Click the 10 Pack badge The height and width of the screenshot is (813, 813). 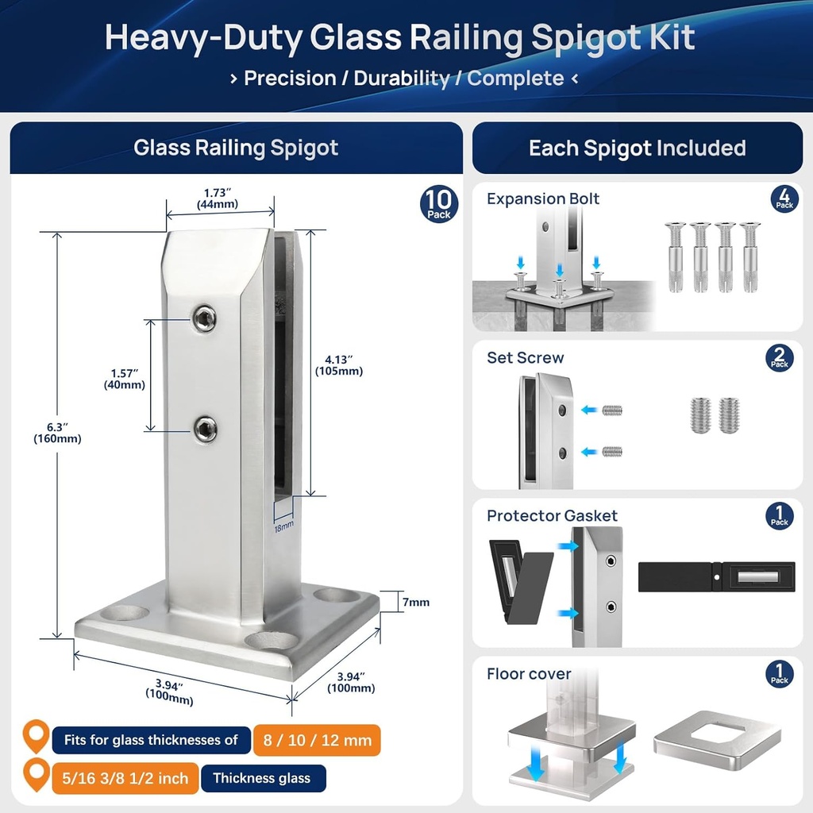(x=438, y=204)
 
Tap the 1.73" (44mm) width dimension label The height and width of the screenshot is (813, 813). (x=218, y=198)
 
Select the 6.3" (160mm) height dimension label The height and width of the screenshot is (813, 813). (x=57, y=433)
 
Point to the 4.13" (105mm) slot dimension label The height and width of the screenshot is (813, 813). (x=339, y=365)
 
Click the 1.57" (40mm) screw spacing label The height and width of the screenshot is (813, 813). (x=125, y=379)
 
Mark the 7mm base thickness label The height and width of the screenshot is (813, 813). (x=416, y=603)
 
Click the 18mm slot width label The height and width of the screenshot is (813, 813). (x=283, y=527)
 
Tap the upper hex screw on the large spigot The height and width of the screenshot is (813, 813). (x=205, y=318)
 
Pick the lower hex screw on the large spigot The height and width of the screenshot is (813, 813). (x=206, y=430)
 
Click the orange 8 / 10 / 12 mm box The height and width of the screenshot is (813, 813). (x=317, y=740)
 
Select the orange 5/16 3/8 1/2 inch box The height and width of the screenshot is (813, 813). (x=125, y=778)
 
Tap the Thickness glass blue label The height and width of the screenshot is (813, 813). (x=264, y=778)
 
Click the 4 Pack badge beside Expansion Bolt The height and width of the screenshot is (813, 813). (x=784, y=198)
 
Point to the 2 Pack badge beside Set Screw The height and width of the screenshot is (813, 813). (x=780, y=358)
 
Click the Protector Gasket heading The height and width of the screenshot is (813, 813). (x=553, y=516)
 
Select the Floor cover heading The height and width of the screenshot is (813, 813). (x=529, y=674)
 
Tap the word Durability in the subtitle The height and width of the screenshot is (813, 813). (x=402, y=79)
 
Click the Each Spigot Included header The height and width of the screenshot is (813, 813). (x=638, y=148)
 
